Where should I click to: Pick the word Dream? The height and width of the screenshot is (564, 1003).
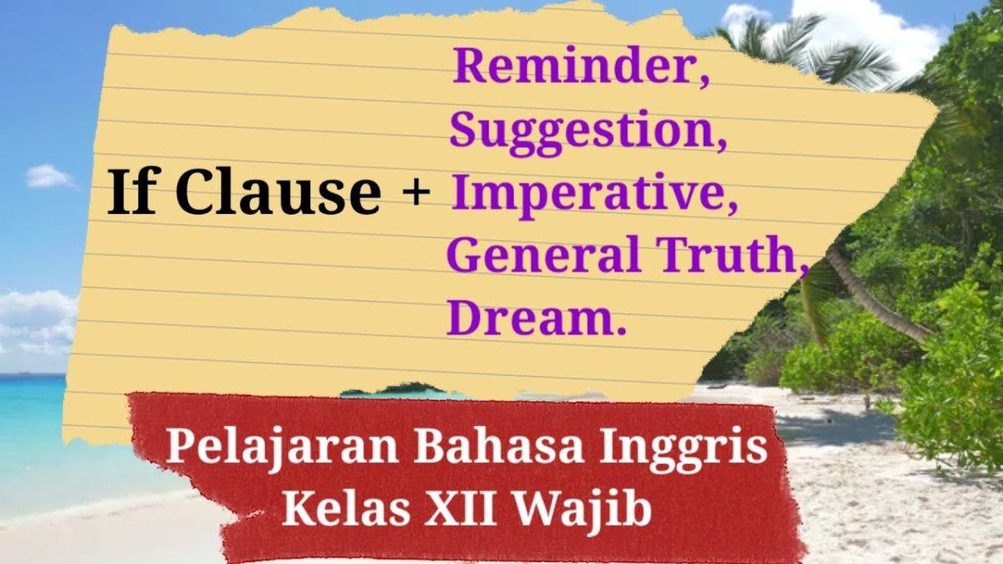coord(532,319)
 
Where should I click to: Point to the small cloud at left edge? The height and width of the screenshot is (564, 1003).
coord(48,175)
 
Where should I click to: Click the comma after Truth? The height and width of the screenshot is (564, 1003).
coord(803,269)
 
